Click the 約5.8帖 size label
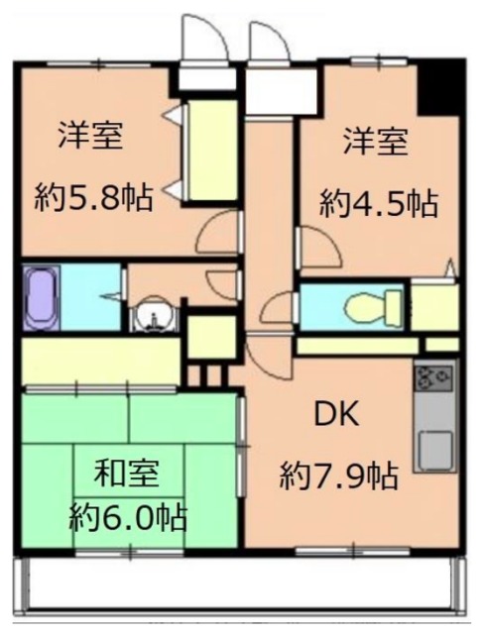click(x=93, y=199)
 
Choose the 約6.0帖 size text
click(x=129, y=516)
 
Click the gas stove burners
click(x=434, y=377)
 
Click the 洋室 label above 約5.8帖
click(x=90, y=135)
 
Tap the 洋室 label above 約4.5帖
click(x=375, y=142)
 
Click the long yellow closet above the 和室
click(x=99, y=361)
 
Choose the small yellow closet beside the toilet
click(x=434, y=308)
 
